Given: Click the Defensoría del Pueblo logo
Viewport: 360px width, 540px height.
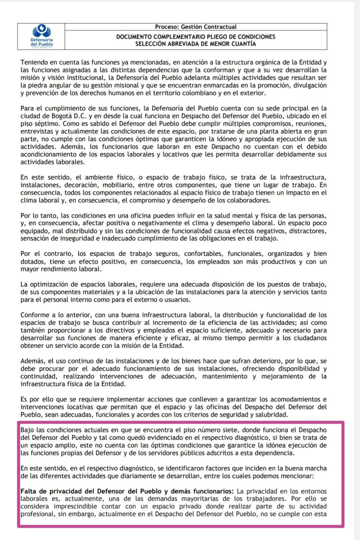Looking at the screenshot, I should click(42, 36).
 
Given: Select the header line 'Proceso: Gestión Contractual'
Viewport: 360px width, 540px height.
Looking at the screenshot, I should click(196, 27).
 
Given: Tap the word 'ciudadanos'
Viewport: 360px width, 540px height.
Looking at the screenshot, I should click(309, 338).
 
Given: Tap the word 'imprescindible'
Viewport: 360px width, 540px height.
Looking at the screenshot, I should click(74, 507).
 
